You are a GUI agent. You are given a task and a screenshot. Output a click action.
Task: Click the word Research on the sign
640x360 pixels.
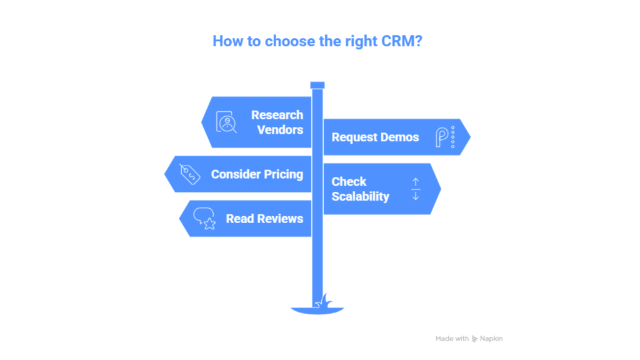(x=277, y=115)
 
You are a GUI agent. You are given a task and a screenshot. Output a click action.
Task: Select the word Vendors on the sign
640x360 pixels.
(x=279, y=130)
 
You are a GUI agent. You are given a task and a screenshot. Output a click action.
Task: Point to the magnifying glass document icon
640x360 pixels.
(x=226, y=122)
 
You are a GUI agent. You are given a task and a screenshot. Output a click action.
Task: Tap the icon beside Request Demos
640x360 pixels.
(x=444, y=137)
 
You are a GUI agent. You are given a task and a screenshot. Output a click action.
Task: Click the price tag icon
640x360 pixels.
(x=189, y=174)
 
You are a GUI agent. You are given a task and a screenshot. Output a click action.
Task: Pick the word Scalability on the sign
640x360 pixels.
(x=360, y=196)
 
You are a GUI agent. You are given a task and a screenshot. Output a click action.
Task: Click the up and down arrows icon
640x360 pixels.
(x=416, y=189)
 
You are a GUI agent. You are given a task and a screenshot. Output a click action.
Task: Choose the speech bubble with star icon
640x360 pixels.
(x=204, y=219)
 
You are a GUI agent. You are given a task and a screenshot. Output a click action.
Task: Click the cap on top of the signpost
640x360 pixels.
(x=317, y=84)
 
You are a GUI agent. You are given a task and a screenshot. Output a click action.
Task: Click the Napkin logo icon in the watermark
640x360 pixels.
(x=475, y=339)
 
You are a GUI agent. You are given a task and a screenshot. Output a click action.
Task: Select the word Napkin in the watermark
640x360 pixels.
(x=491, y=339)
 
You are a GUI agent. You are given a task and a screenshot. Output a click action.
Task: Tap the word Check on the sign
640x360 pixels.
(x=349, y=182)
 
